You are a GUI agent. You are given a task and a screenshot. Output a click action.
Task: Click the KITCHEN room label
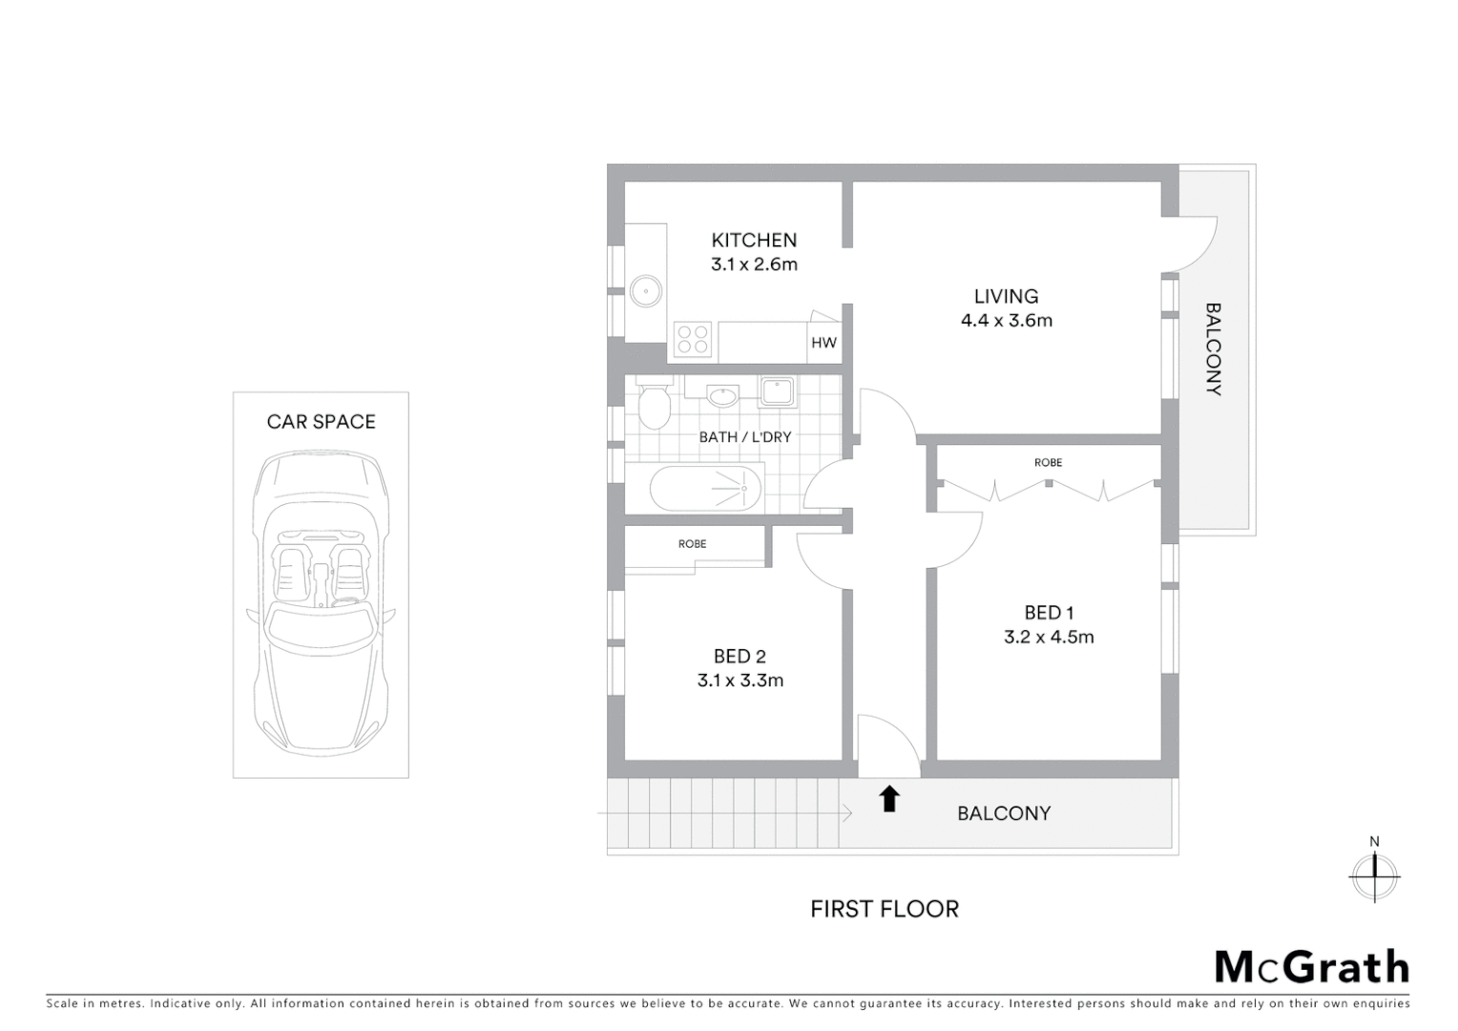[753, 241]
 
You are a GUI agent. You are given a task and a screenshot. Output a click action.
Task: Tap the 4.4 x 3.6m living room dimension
[1006, 321]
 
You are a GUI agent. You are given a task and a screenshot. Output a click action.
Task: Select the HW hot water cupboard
[823, 343]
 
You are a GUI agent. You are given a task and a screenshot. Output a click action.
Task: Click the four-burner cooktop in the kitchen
[693, 339]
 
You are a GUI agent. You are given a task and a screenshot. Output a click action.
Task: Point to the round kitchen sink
[646, 290]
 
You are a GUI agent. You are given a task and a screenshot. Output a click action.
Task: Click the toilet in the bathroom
[654, 408]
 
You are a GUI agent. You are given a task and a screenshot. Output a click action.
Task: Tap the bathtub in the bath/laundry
[707, 489]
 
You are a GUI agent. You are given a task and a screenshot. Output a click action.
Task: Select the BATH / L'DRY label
[744, 437]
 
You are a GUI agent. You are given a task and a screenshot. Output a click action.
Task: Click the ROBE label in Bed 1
[1048, 463]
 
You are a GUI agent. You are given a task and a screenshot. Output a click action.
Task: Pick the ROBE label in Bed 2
[692, 544]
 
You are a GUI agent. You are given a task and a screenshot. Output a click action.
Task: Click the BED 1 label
[1049, 613]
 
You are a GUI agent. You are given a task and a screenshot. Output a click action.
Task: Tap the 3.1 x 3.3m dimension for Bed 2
[739, 681]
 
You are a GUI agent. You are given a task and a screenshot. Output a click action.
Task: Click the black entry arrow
[889, 798]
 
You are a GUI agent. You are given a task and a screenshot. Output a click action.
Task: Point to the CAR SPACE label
[321, 422]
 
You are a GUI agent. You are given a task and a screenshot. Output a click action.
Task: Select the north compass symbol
[1374, 873]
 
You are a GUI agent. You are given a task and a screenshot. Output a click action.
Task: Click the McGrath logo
[1311, 967]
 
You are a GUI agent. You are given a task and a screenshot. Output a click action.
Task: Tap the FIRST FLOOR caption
[884, 909]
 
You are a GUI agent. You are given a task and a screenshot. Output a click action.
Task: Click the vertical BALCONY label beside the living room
[1213, 349]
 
